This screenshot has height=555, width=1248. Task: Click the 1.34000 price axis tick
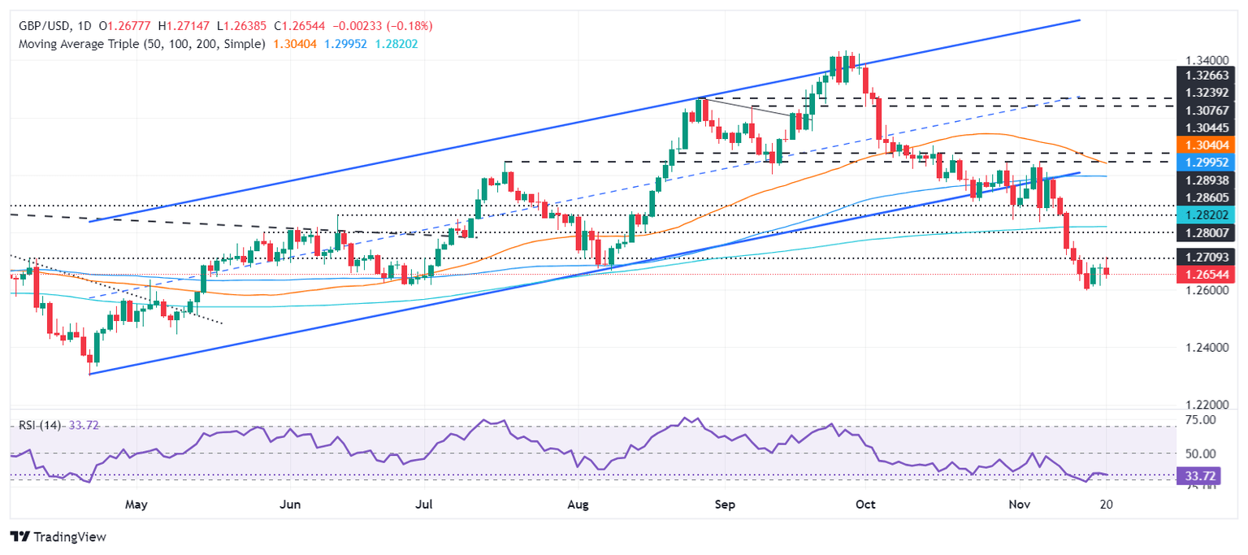(x=1207, y=61)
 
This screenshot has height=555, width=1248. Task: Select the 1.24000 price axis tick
(x=1207, y=348)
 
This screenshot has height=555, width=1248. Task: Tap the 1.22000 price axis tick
(x=1207, y=405)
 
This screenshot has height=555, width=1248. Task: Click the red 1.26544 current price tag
(x=1206, y=275)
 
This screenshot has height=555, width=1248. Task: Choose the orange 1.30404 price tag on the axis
(x=1206, y=144)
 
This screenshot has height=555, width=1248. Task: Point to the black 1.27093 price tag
(x=1206, y=258)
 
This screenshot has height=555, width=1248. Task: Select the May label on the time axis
(x=136, y=505)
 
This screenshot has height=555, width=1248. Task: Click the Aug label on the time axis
(x=578, y=505)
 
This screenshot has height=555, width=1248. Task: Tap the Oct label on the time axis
(x=865, y=505)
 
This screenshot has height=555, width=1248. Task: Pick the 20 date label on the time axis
(x=1105, y=505)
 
